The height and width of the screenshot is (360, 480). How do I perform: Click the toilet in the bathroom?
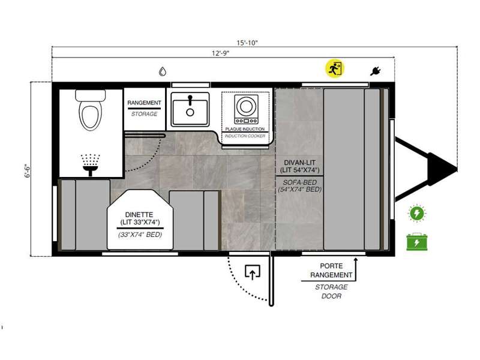pos(91,110)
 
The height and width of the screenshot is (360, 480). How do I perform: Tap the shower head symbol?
pos(91,164)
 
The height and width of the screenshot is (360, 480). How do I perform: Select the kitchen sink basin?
pos(190,109)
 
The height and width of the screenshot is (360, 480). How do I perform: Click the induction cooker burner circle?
pos(246,106)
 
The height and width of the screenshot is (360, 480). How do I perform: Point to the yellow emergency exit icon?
pos(335,68)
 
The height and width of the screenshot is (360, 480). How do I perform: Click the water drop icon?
pos(163,71)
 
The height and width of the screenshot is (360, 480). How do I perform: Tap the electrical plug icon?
pos(375,71)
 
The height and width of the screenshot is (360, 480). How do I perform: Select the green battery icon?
pos(416,242)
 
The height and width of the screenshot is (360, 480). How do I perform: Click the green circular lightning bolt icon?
pos(416,213)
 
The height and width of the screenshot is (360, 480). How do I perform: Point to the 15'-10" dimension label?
pos(247,43)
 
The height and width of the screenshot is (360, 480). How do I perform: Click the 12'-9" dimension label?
pos(220,53)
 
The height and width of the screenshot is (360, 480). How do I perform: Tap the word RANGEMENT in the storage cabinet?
pos(144,103)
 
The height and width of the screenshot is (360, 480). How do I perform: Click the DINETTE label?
pos(139,215)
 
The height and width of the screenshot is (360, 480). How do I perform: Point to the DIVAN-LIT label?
pos(299,163)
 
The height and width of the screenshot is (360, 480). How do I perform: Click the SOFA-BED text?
pos(299,182)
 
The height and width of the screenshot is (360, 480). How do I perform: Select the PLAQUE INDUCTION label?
pos(245,129)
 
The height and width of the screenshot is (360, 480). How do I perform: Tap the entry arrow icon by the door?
pos(252,272)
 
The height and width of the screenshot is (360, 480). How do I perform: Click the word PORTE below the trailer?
pos(331,266)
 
